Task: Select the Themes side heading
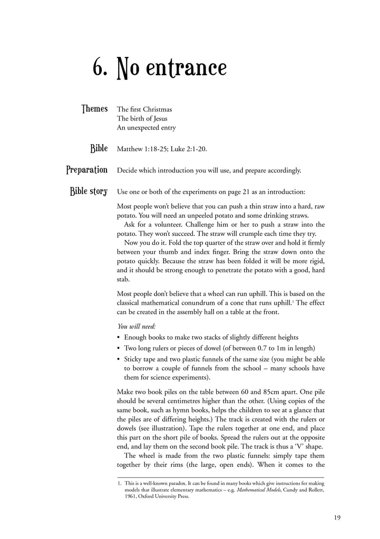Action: [94, 109]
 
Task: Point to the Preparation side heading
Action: [87, 170]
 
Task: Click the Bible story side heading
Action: [89, 191]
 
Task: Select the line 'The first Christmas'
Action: [144, 109]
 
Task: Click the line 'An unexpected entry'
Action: [146, 127]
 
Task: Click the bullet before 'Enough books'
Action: [119, 337]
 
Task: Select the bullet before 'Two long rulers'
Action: [119, 348]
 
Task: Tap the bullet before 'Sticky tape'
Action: [119, 359]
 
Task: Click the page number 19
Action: [337, 518]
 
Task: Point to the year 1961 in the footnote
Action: [131, 496]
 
